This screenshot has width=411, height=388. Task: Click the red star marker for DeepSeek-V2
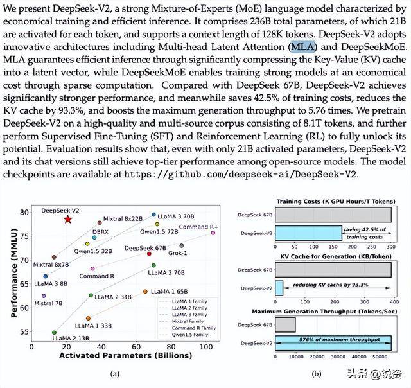(68, 219)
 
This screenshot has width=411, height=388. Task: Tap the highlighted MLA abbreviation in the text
(302, 47)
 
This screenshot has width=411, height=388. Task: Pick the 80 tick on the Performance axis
(24, 212)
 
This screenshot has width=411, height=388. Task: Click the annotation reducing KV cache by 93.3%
(333, 283)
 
